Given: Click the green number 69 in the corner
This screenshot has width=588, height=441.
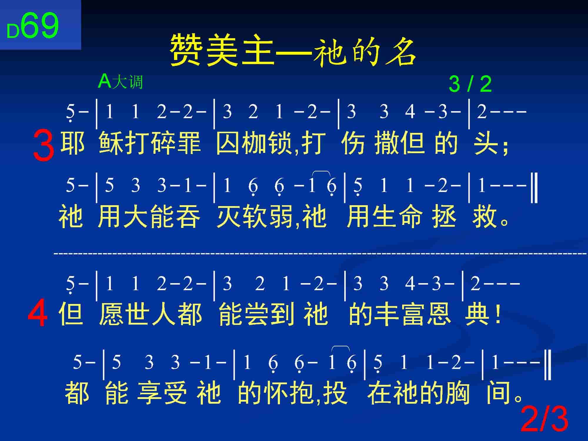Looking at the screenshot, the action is pos(39,26).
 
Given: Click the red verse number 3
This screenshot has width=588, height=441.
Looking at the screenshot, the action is pos(44,146).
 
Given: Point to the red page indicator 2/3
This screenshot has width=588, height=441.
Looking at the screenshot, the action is pos(544,420).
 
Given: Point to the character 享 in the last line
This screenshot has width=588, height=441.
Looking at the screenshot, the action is pos(150,392).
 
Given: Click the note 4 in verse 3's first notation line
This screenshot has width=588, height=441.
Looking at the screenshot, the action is pos(410,112).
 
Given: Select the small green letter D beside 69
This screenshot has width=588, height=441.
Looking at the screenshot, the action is pos(13,31).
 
